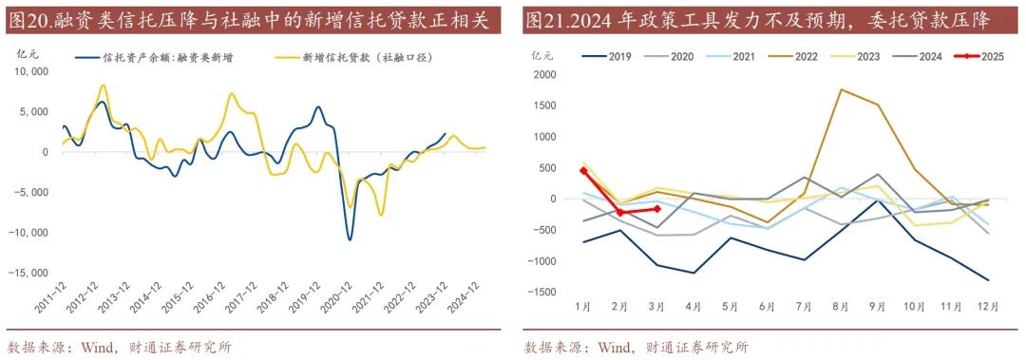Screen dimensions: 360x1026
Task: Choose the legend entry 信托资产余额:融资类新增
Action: (x=167, y=57)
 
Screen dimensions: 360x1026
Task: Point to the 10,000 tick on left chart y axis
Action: (x=33, y=71)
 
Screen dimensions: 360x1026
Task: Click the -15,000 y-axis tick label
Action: (x=30, y=273)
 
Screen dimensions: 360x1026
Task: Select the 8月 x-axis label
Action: (x=840, y=308)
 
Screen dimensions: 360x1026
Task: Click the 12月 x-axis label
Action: (x=987, y=308)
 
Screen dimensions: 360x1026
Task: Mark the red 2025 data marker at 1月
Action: (x=582, y=171)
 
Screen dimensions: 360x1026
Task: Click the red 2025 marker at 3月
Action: (x=656, y=209)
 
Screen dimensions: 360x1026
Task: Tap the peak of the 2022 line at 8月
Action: (x=841, y=89)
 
